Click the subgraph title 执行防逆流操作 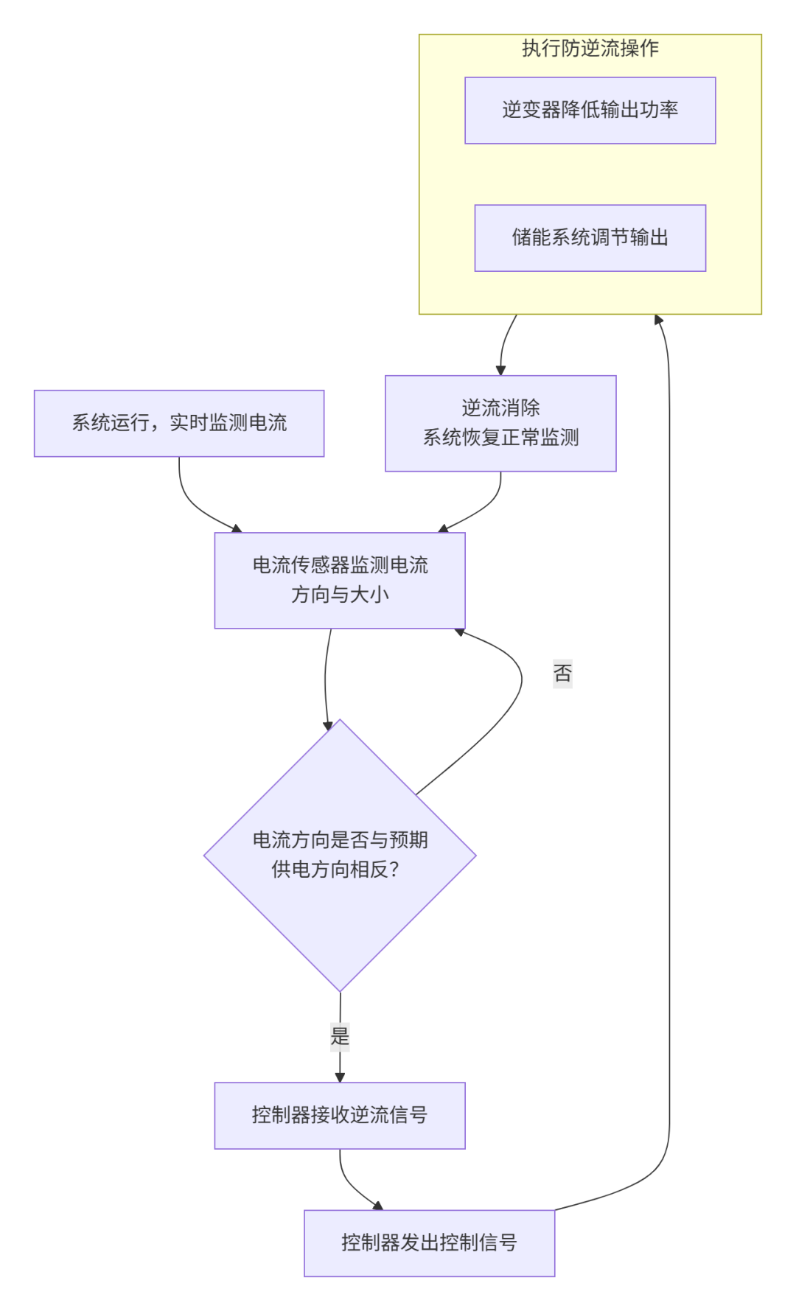pos(590,49)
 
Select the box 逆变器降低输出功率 pos(590,111)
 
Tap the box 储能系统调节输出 pos(590,238)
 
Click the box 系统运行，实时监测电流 pos(179,423)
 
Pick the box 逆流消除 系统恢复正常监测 pos(500,423)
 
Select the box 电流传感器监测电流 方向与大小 pos(340,581)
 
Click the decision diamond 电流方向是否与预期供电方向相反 pos(340,855)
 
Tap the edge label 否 pos(562,673)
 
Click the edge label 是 pos(340,1036)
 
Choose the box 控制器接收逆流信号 pos(340,1115)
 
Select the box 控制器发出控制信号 pos(429,1242)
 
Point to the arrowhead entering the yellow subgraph pos(659,320)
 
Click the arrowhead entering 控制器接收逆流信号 pos(340,1077)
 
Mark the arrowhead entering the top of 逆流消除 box pos(501,370)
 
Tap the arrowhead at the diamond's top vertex pos(329,725)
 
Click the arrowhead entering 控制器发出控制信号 pos(378,1206)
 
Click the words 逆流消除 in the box pos(500,408)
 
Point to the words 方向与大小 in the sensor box pos(340,595)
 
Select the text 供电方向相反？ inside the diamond pos(336,870)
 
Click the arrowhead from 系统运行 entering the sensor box pos(237,528)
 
